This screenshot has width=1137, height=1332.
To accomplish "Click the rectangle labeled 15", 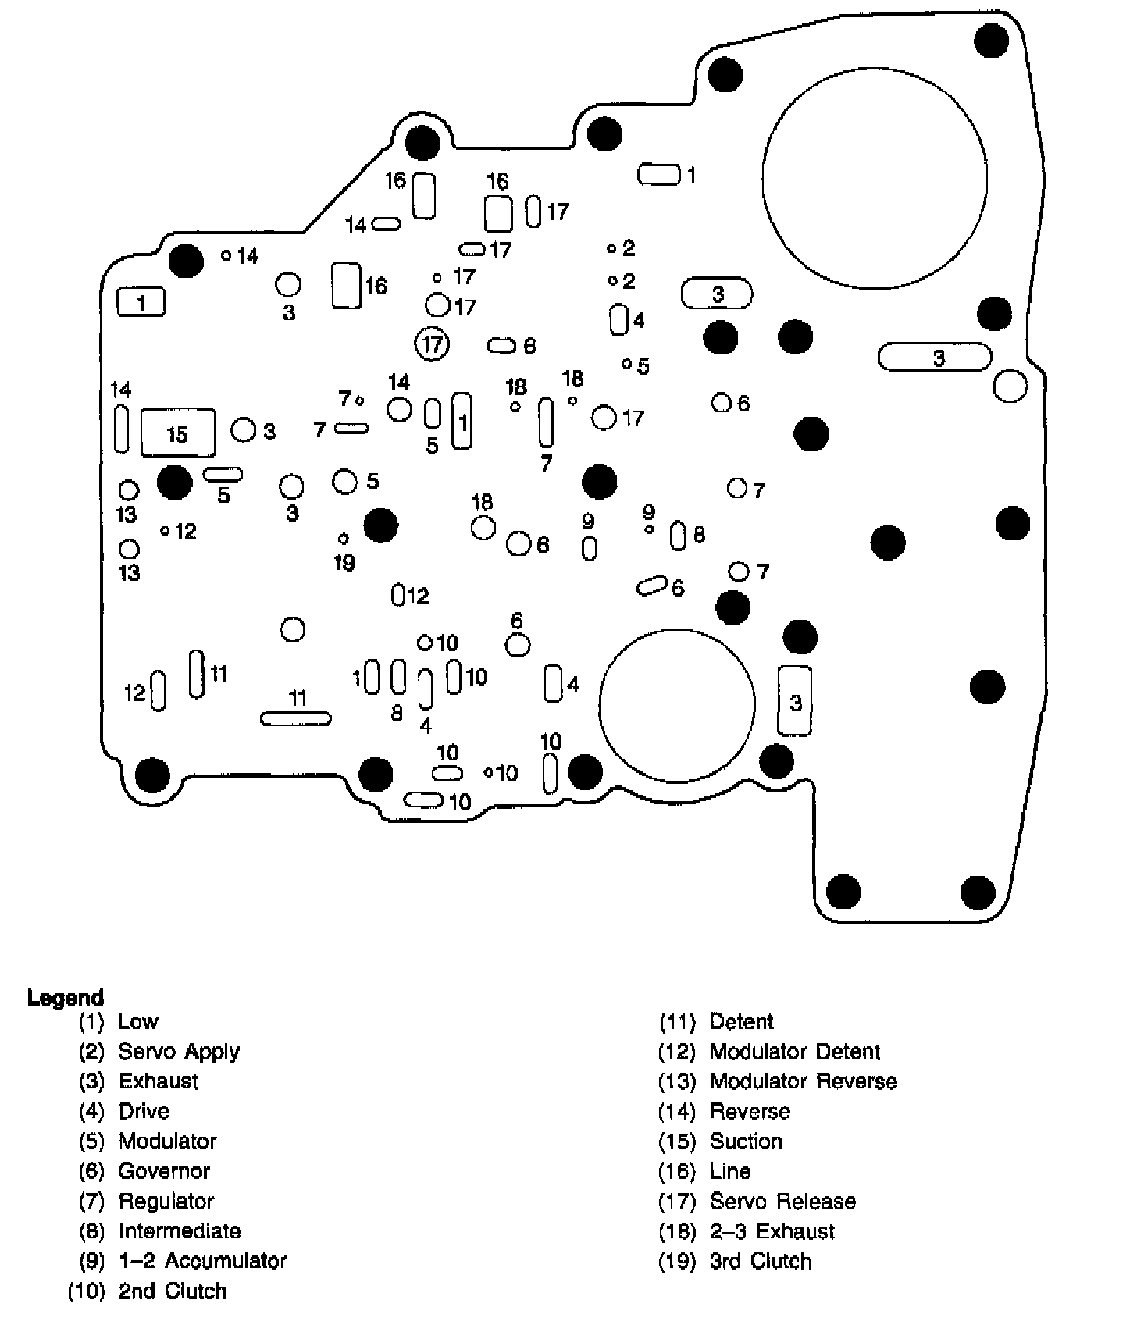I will (x=177, y=433).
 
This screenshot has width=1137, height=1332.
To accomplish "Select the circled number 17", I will (x=432, y=344).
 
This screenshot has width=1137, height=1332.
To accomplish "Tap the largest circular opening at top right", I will (x=875, y=178).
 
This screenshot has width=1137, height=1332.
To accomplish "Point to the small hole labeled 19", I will (x=344, y=539).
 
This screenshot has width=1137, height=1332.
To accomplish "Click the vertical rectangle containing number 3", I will (x=795, y=701).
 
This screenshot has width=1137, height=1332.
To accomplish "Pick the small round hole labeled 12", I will (x=165, y=531).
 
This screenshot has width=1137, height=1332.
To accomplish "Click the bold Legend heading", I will (x=66, y=998).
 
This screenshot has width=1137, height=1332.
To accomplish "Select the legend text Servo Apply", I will (x=179, y=1051).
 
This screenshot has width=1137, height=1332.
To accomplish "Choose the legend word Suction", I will (x=746, y=1141).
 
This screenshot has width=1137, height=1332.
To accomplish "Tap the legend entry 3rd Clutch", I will (x=761, y=1261).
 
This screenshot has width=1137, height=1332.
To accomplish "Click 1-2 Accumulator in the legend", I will (x=202, y=1261).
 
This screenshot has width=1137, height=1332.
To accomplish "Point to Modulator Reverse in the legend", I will (x=803, y=1081).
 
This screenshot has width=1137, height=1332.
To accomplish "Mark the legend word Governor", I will (x=164, y=1171).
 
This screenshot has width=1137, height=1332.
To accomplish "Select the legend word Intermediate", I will (x=180, y=1231).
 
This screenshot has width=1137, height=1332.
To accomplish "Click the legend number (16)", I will (x=677, y=1171).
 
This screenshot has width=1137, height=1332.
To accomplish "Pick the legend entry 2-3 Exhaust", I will (x=772, y=1231).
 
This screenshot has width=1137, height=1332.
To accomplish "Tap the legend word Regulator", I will (x=166, y=1201).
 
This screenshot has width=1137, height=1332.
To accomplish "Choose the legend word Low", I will (x=138, y=1021).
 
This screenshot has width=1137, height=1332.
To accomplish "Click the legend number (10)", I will (x=87, y=1291).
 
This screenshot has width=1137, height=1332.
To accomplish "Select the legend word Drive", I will (x=144, y=1111).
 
